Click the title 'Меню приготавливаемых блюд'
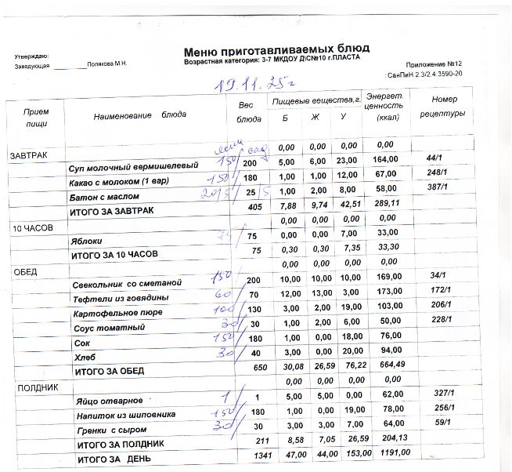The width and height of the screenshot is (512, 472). coord(276,49)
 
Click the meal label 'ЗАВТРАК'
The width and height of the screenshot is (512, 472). coord(29,156)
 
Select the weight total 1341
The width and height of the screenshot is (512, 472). coord(252,456)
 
